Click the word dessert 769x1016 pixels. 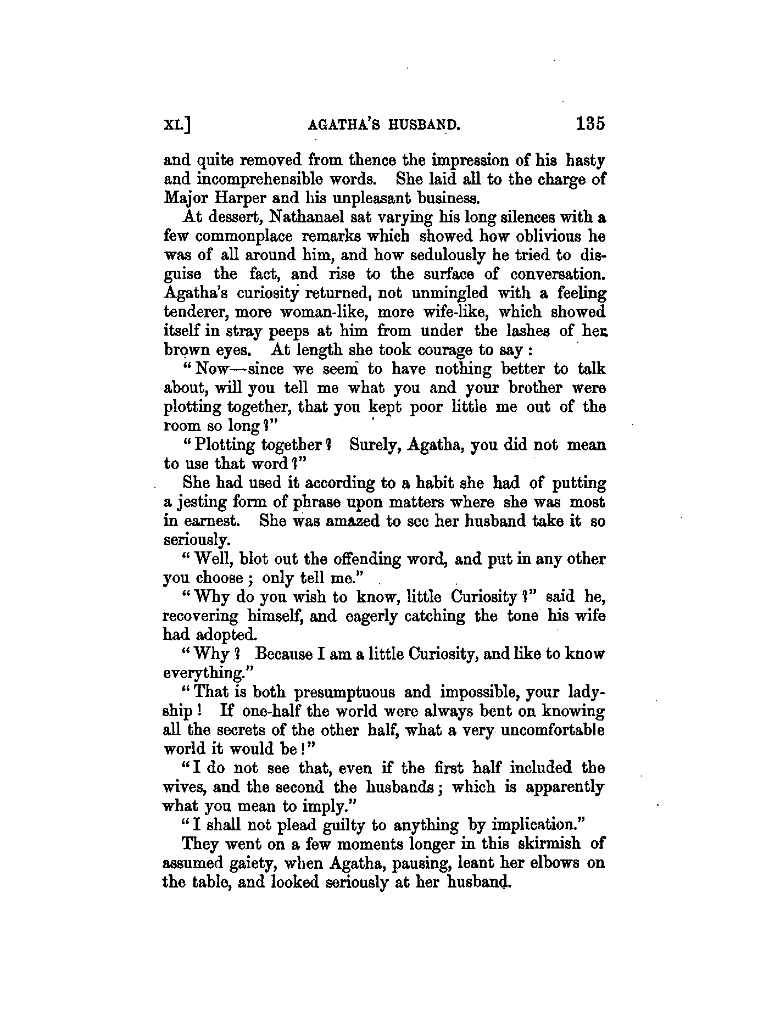click(222, 217)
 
